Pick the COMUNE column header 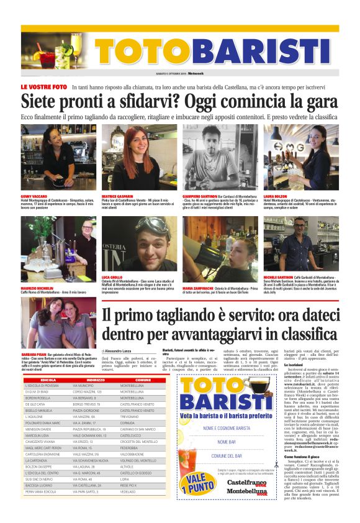(143, 362)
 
